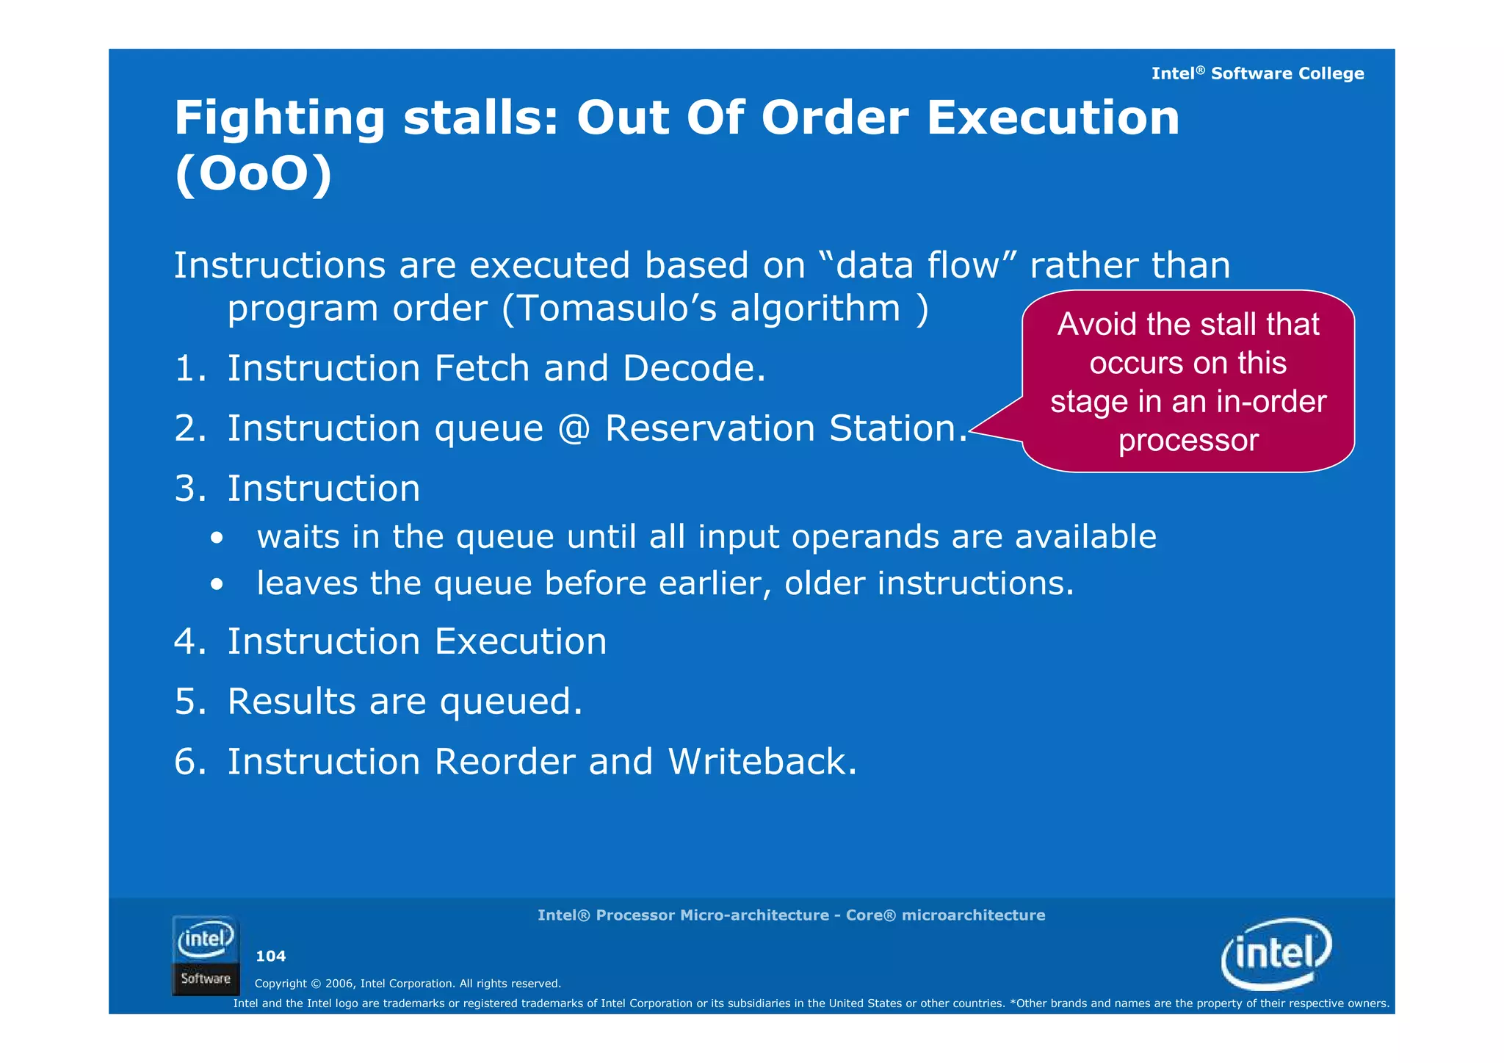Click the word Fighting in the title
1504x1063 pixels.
pos(279,119)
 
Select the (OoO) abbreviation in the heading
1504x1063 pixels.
pos(253,175)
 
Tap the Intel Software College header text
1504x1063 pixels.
pos(1257,73)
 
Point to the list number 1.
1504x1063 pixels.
pos(187,369)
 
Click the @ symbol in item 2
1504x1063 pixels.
pos(574,429)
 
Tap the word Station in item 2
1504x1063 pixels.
pos(897,429)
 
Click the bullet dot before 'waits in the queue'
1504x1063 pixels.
pos(216,538)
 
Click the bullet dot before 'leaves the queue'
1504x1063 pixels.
pos(216,585)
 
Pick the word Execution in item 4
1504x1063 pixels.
pos(521,642)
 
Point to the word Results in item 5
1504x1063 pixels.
pos(292,702)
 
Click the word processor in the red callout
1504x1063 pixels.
pos(1188,441)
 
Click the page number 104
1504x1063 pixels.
pos(270,956)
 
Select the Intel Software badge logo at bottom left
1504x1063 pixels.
pos(206,955)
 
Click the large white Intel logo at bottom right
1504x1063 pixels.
pos(1276,954)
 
